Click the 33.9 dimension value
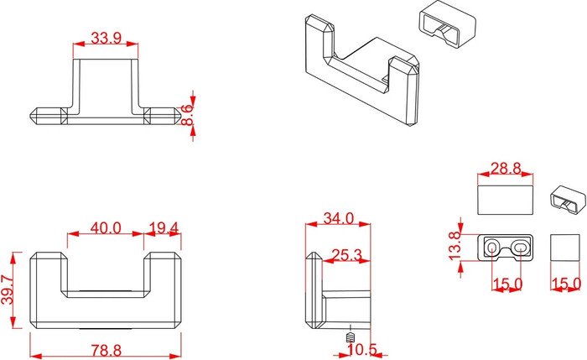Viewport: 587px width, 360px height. tap(106, 39)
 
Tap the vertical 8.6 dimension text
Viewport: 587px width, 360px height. tap(187, 115)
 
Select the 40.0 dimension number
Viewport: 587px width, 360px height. tap(106, 227)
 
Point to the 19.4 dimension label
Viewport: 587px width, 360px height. tap(164, 227)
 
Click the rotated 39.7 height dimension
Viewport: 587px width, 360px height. tap(8, 290)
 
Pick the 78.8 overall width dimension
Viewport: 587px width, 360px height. tap(106, 351)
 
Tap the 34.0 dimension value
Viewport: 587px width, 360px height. tap(339, 218)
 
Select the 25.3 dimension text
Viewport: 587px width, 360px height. tap(347, 255)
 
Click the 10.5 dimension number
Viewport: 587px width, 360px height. tap(362, 350)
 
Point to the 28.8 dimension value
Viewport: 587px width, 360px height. tap(506, 169)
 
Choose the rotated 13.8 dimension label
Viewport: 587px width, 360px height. tap(455, 246)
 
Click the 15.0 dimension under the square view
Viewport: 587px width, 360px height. tap(567, 284)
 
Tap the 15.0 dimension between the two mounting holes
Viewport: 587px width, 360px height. tap(507, 284)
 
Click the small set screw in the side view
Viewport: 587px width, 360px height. tap(350, 338)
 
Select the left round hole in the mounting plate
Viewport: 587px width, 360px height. tap(492, 247)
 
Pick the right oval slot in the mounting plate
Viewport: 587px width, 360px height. tap(520, 247)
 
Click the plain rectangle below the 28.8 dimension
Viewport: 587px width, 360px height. tap(506, 200)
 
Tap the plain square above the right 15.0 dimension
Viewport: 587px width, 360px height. tap(565, 248)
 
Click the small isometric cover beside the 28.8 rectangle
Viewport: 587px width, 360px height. tap(568, 200)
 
